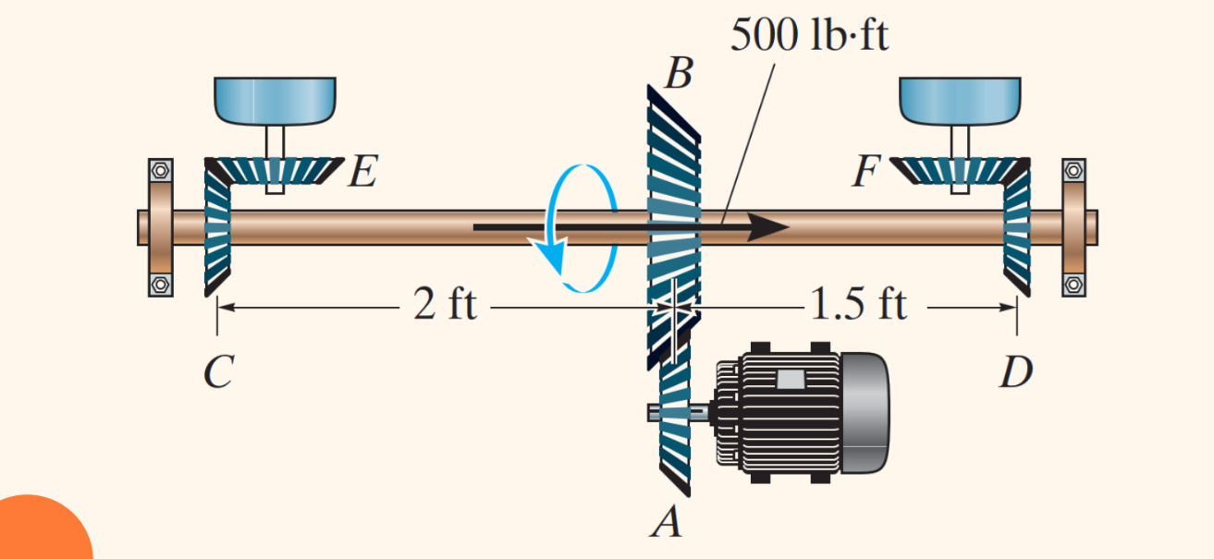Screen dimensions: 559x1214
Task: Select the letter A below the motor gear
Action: point(666,524)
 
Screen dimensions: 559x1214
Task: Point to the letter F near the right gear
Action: point(865,172)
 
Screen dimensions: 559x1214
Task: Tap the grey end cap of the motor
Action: point(864,412)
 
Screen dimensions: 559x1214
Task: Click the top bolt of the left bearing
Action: point(161,170)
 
